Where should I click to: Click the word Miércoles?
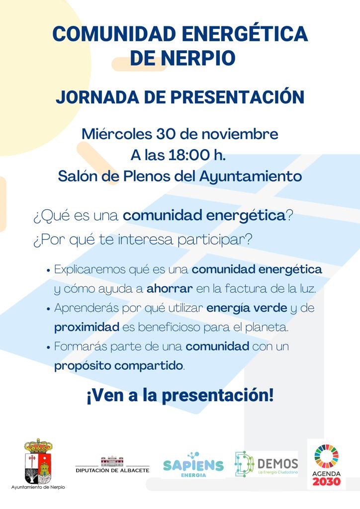click(x=117, y=134)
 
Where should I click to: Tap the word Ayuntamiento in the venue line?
click(x=250, y=177)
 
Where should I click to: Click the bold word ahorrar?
click(x=170, y=289)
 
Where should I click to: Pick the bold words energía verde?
click(x=247, y=308)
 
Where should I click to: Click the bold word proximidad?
click(x=87, y=327)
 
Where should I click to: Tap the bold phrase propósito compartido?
click(x=118, y=366)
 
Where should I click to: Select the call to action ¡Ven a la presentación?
click(x=180, y=396)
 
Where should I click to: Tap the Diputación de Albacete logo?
click(x=112, y=464)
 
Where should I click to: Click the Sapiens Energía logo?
click(x=193, y=465)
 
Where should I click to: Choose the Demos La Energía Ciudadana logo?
click(x=266, y=464)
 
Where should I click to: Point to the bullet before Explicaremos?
click(x=48, y=270)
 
